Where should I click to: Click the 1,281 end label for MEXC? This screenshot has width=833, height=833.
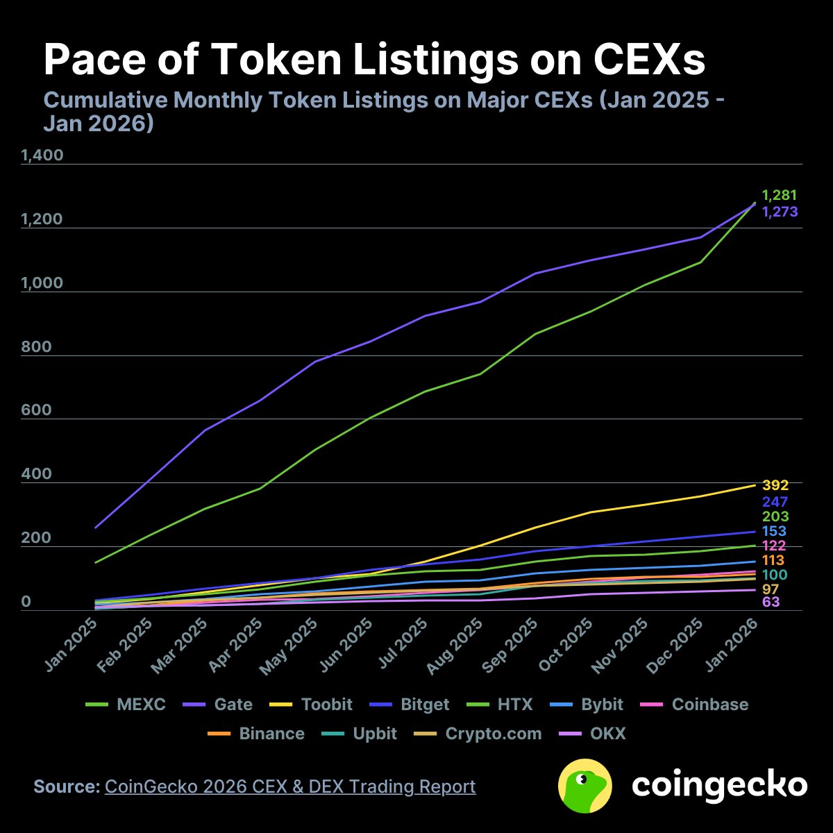779,196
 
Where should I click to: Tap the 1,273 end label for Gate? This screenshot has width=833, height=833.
780,212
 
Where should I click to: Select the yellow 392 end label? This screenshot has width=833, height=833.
775,486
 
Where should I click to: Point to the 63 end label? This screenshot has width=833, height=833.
771,602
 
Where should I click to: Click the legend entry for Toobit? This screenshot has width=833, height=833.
327,705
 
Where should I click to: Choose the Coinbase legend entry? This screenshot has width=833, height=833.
710,705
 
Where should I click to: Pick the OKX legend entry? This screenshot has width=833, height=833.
608,734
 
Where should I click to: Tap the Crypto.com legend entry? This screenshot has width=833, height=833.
494,734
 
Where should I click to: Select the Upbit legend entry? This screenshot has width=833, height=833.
375,734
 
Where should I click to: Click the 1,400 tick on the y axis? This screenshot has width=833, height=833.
42,155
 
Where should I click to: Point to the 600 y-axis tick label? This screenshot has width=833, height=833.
36,410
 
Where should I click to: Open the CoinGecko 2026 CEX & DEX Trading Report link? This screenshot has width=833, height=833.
290,786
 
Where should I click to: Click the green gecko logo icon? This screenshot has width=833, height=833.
585,786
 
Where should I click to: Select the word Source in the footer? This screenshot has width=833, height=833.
67,786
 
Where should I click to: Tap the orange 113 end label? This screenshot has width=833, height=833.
773,561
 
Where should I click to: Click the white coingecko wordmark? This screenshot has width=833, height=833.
719,786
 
